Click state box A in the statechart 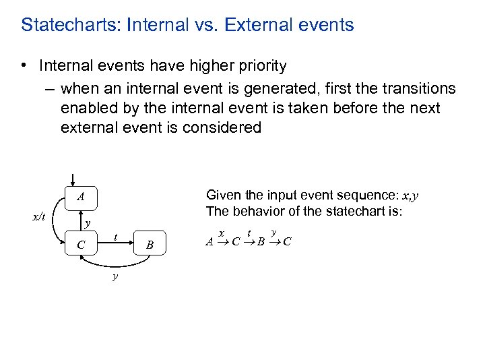(x=81, y=198)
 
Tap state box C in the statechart (x=81, y=245)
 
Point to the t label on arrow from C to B (x=117, y=237)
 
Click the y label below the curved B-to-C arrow (x=115, y=276)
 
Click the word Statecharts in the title (x=61, y=26)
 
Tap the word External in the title (x=259, y=26)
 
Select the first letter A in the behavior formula (x=209, y=241)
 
